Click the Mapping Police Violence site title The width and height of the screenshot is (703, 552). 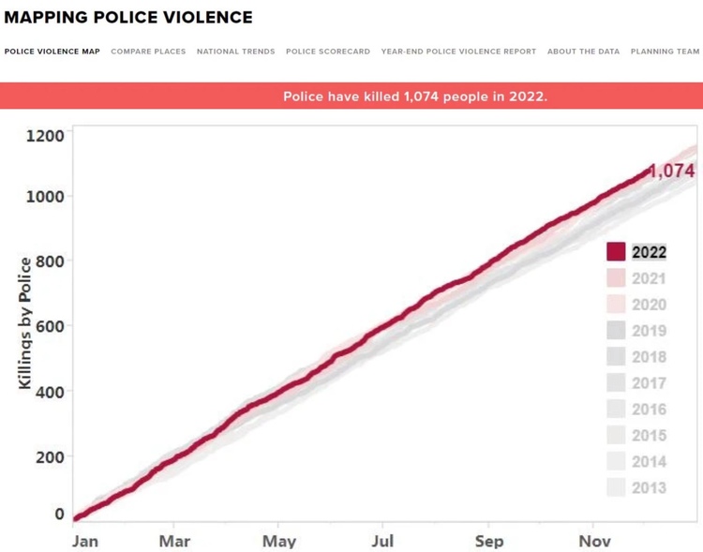click(x=128, y=18)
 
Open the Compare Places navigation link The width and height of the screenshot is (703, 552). click(x=148, y=52)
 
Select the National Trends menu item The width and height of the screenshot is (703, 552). click(x=235, y=52)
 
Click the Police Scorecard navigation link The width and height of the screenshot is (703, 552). click(x=327, y=52)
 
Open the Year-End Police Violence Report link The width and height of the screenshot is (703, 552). click(x=458, y=52)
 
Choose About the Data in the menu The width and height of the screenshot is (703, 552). click(x=583, y=52)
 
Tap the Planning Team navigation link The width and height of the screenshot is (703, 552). click(x=665, y=52)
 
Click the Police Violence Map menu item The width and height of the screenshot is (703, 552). click(x=52, y=52)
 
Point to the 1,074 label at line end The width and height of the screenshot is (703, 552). click(x=672, y=171)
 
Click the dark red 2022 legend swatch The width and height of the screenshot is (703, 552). click(x=616, y=252)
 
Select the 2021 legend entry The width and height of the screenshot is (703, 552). click(x=649, y=278)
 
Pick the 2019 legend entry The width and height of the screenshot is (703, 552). click(x=649, y=331)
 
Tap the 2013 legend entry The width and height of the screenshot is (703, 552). click(x=649, y=487)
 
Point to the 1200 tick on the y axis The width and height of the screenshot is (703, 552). click(x=44, y=136)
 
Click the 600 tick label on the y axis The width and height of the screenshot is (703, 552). click(x=49, y=326)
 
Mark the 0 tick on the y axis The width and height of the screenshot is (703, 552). click(x=59, y=515)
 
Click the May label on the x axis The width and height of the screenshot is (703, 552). click(x=278, y=541)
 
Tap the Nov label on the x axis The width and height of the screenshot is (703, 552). click(x=594, y=541)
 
